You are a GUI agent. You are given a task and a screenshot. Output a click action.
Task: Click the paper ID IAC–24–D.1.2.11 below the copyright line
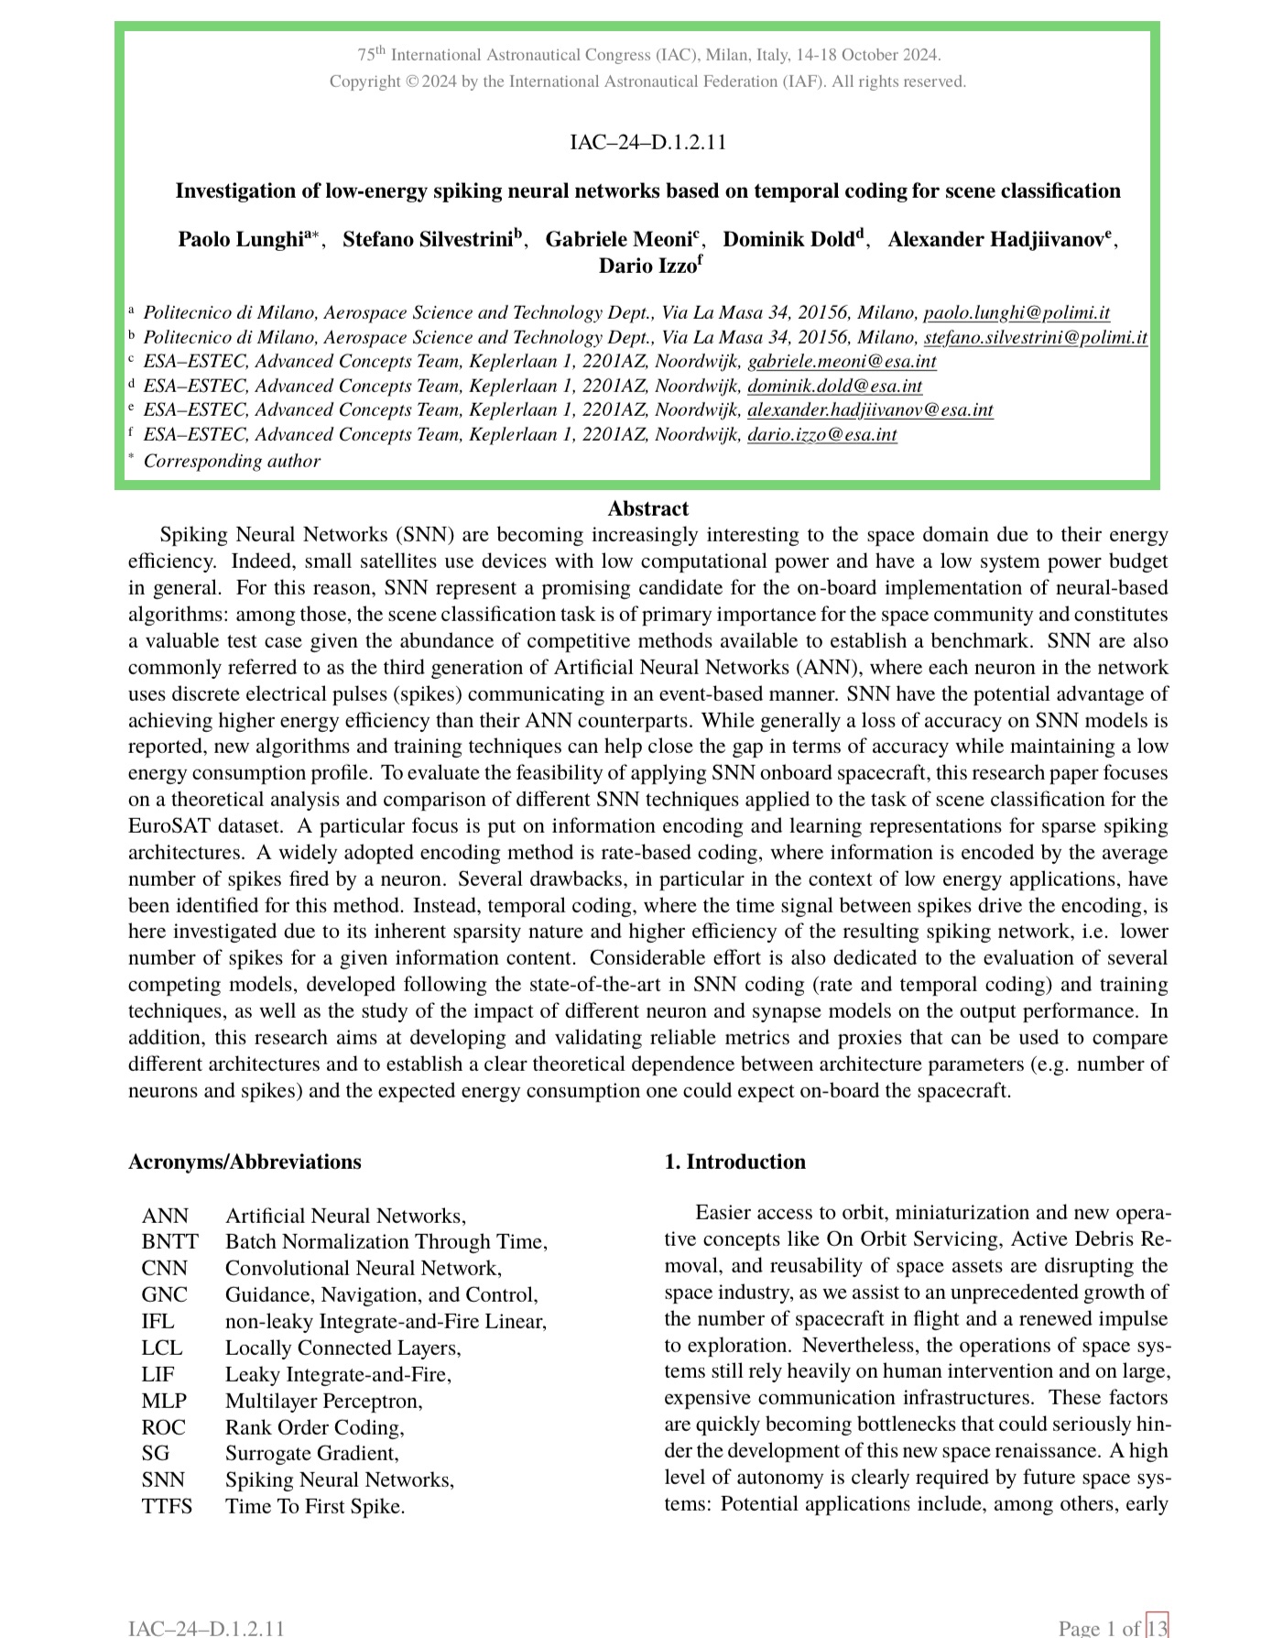tap(647, 142)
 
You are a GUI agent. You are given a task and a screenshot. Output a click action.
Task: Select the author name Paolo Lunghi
tap(240, 240)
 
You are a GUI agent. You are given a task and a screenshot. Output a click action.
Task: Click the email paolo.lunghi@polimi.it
tap(1017, 313)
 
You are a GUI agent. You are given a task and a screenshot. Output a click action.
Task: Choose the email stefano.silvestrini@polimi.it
tap(1035, 337)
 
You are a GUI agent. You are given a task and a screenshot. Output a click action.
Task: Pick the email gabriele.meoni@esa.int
tap(842, 361)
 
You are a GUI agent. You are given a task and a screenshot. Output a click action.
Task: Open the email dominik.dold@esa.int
tap(834, 386)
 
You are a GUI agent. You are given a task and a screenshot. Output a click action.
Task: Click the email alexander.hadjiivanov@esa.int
tap(870, 409)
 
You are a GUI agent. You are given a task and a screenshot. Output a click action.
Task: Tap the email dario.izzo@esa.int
tap(821, 434)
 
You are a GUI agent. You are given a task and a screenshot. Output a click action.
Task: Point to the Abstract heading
tap(647, 509)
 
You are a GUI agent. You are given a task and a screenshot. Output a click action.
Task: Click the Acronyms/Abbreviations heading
tap(245, 1162)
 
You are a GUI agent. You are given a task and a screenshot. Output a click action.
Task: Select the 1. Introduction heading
tap(734, 1162)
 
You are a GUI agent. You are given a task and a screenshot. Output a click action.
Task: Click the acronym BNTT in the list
tap(169, 1241)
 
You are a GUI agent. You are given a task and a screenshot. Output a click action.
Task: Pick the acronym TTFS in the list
tap(167, 1506)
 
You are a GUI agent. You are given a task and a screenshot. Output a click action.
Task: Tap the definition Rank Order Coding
tap(314, 1427)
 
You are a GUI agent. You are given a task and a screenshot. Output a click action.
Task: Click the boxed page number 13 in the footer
tap(1158, 1627)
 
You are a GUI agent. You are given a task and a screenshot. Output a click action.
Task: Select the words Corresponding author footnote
tap(232, 461)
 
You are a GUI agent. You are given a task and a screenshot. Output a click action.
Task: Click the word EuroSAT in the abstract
tap(168, 825)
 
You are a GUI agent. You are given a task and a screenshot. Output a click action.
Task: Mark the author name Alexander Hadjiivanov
tap(995, 240)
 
